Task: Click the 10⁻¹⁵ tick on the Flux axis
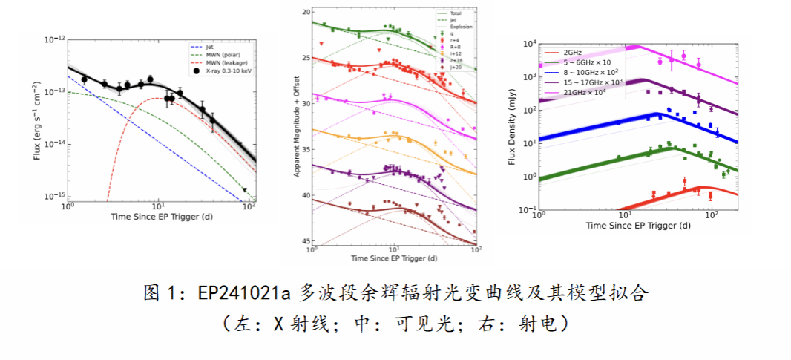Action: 55,195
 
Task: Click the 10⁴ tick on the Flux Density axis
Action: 529,45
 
